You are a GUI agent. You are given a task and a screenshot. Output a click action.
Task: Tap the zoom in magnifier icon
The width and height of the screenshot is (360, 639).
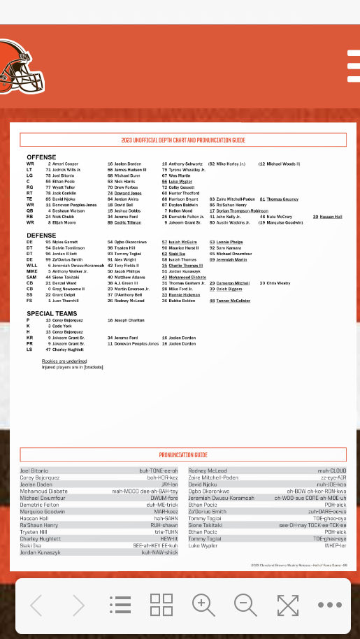pyautogui.click(x=203, y=604)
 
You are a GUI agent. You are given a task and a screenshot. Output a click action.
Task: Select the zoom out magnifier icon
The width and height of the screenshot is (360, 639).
pyautogui.click(x=245, y=604)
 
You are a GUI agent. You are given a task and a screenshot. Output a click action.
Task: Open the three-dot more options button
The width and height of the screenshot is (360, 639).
pyautogui.click(x=329, y=605)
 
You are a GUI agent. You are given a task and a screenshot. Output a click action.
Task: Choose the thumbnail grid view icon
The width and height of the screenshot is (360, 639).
pyautogui.click(x=161, y=604)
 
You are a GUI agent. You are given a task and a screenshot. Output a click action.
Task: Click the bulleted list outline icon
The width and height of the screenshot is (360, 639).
pyautogui.click(x=120, y=605)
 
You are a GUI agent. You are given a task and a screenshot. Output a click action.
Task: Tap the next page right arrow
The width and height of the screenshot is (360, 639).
pyautogui.click(x=78, y=605)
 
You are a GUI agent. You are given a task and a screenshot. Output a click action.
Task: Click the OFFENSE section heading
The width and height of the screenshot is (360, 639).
pyautogui.click(x=41, y=157)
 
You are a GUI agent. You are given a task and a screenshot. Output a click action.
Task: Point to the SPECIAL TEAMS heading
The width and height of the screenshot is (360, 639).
pyautogui.click(x=52, y=313)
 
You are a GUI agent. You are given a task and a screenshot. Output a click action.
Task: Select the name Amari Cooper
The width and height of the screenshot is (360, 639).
pyautogui.click(x=65, y=164)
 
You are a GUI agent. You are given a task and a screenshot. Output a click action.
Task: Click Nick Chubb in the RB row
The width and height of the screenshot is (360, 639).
pyautogui.click(x=64, y=217)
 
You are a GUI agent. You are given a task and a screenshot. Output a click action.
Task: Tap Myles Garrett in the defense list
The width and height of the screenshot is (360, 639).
pyautogui.click(x=66, y=242)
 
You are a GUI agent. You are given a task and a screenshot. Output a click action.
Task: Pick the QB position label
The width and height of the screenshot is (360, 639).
pyautogui.click(x=29, y=210)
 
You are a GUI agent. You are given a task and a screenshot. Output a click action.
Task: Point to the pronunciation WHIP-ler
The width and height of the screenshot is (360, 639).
pyautogui.click(x=335, y=545)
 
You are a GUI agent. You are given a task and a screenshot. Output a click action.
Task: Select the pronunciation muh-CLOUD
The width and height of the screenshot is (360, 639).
pyautogui.click(x=332, y=471)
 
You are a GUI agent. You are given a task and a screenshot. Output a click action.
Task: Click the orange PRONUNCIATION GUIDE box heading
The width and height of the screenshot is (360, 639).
pyautogui.click(x=183, y=454)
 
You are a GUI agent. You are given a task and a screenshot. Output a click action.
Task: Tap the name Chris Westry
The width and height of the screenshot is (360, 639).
pyautogui.click(x=278, y=283)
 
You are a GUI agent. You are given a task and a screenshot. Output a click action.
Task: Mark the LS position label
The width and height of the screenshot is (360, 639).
pyautogui.click(x=29, y=350)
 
